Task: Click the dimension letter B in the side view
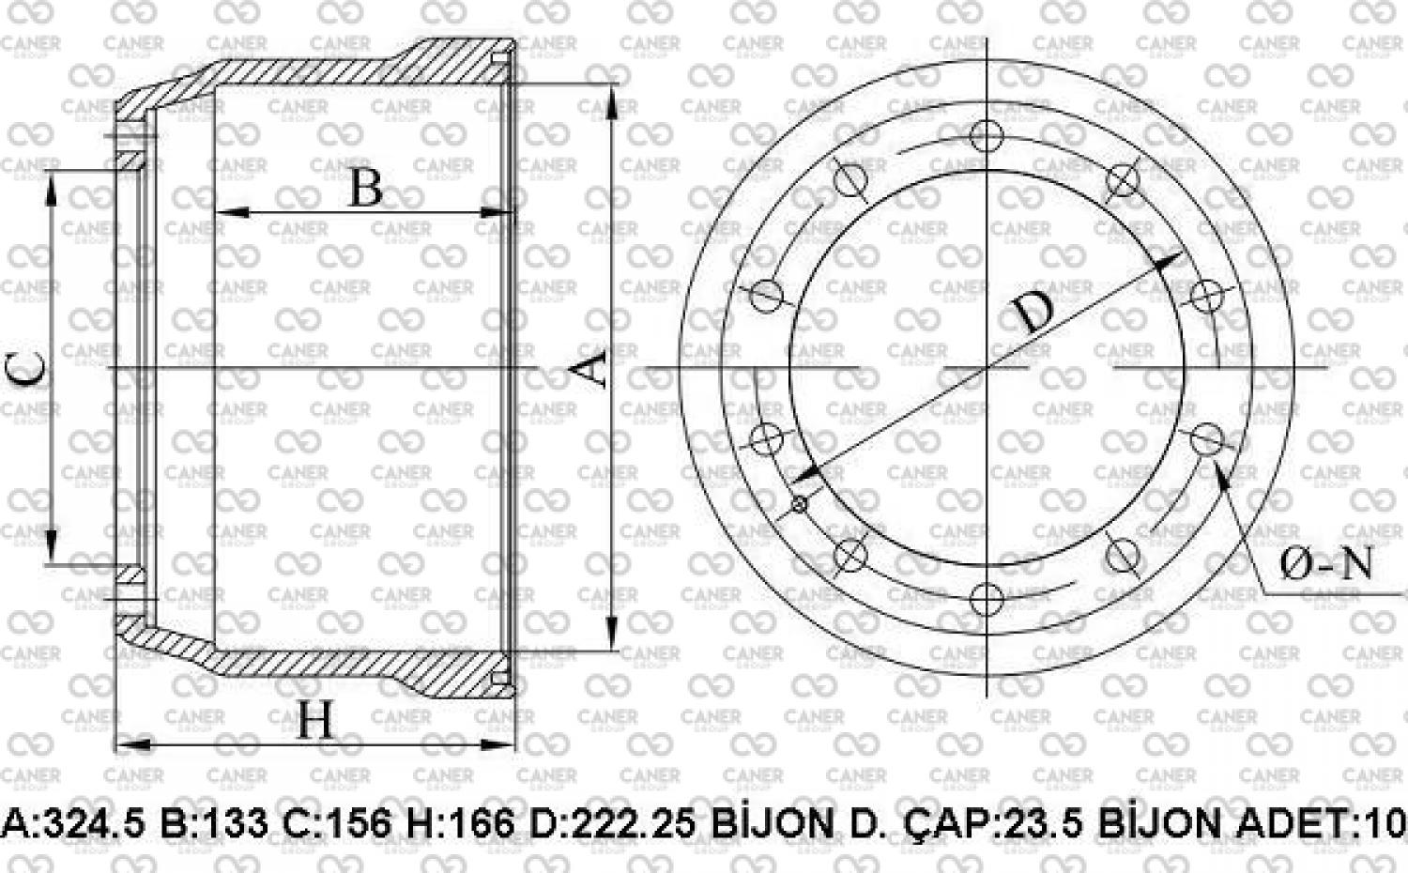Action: point(366,188)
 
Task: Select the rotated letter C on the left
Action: point(25,369)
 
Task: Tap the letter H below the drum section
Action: point(314,720)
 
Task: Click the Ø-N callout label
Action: point(1325,564)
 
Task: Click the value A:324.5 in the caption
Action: point(73,823)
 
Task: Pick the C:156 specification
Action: point(337,823)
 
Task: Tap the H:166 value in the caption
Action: point(461,823)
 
